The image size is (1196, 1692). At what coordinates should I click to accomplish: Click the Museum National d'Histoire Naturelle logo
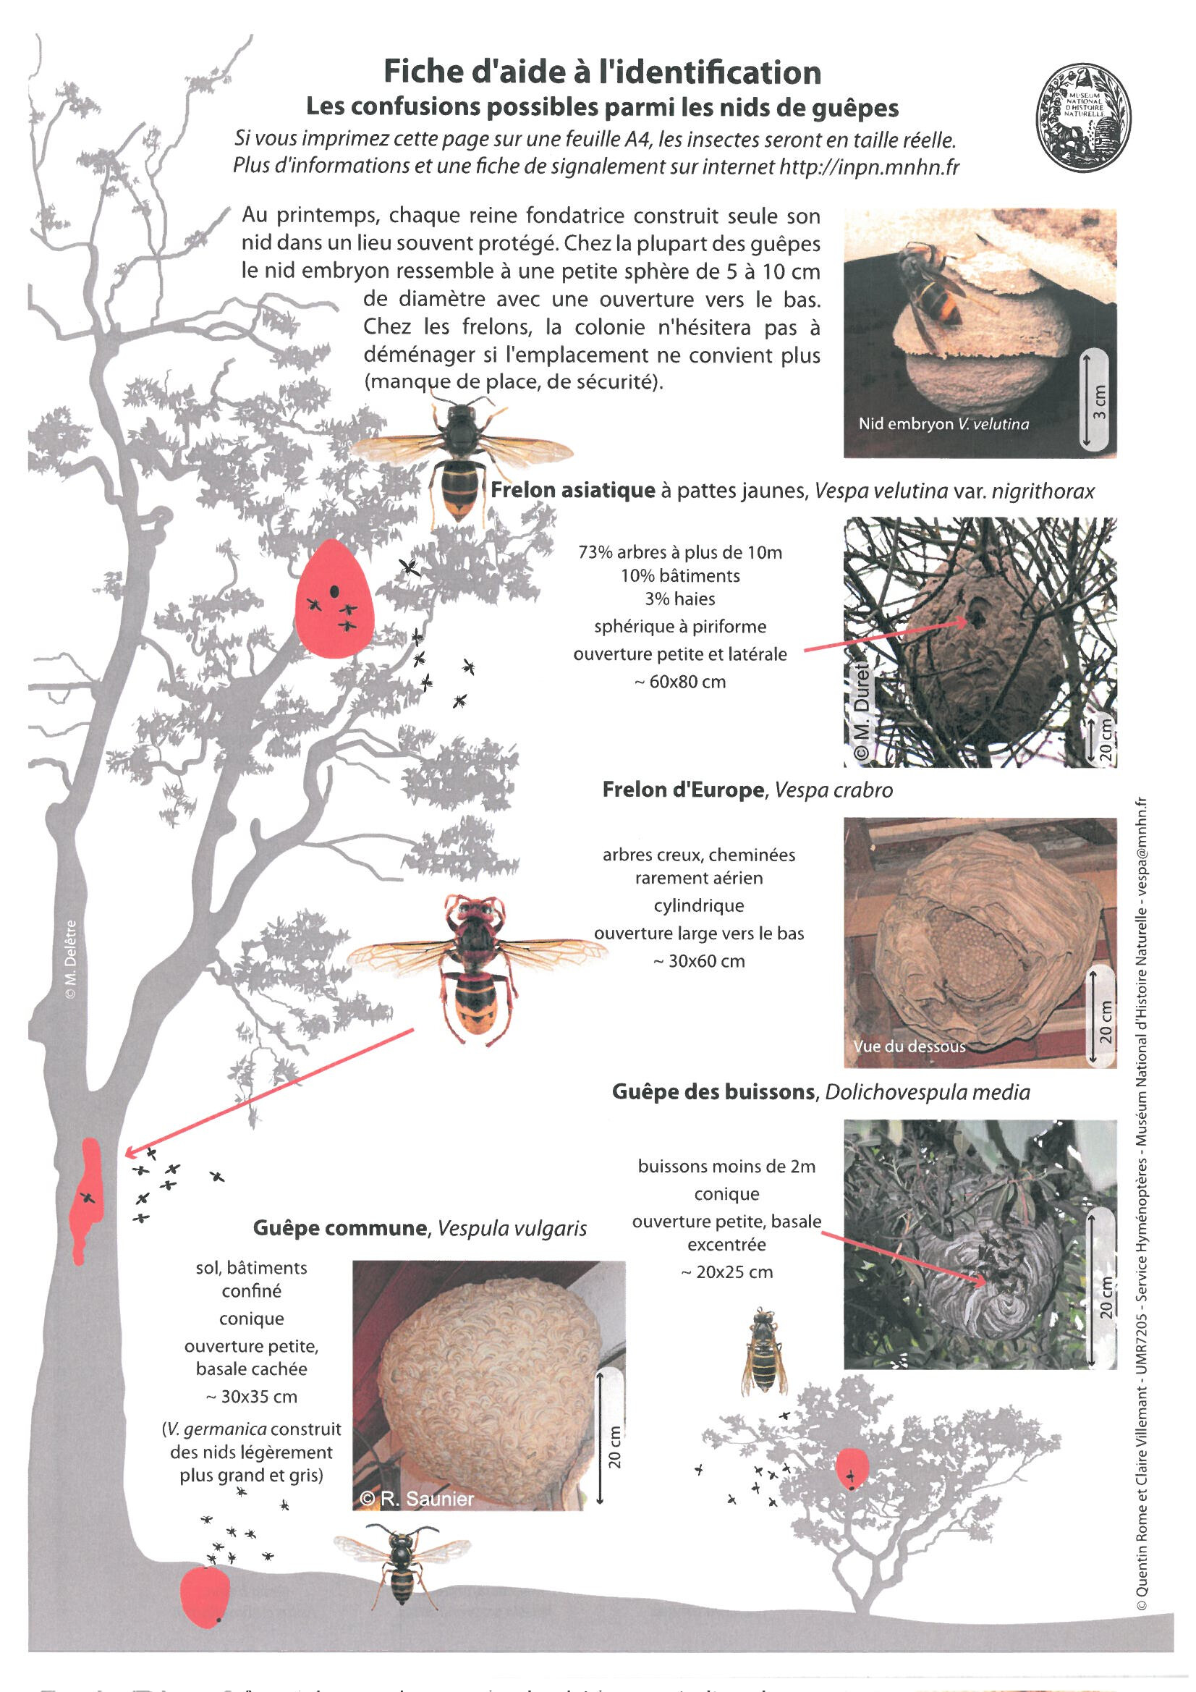(1083, 117)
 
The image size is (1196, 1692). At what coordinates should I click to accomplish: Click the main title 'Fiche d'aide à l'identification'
(602, 72)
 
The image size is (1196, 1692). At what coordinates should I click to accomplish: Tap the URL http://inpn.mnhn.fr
(870, 166)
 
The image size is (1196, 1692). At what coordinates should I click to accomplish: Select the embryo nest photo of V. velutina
(980, 332)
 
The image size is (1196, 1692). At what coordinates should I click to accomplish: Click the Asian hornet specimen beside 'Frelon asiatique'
(462, 457)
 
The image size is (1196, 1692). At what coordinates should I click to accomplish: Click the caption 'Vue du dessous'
(909, 1046)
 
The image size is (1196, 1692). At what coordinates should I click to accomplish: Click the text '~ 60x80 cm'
(679, 682)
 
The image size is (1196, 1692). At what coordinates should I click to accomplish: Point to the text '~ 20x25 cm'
(726, 1272)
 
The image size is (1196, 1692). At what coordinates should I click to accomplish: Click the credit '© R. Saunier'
(417, 1498)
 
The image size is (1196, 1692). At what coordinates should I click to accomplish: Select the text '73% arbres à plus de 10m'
(679, 553)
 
